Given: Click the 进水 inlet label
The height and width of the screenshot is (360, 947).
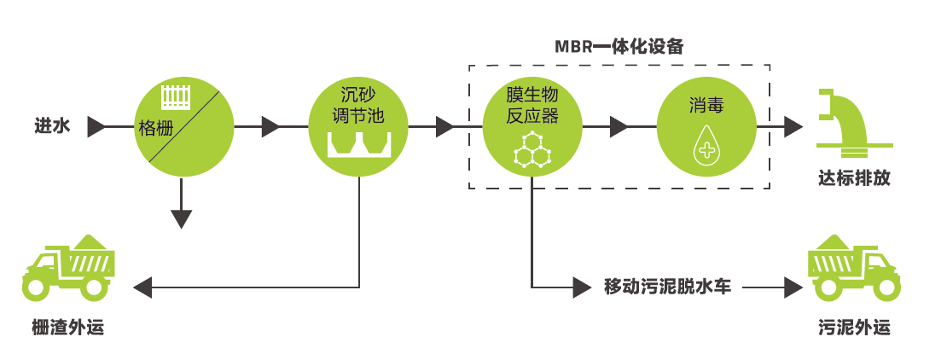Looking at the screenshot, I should (51, 127).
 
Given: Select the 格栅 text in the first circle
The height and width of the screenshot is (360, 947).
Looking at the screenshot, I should (156, 131).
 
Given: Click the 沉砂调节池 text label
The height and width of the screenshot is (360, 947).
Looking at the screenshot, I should (359, 105).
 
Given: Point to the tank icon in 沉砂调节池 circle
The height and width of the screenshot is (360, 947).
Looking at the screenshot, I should (359, 145).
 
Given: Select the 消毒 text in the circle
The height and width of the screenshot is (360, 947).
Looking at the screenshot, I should (707, 106).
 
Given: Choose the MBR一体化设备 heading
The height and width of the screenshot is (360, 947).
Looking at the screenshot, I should (619, 45).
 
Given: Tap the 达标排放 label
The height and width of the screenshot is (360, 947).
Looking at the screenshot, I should (853, 179).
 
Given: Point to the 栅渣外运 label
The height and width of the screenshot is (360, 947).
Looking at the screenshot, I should (67, 328).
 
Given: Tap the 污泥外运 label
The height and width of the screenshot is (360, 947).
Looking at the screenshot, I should (853, 328).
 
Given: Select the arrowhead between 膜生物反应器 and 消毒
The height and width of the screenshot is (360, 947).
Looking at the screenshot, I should (619, 128).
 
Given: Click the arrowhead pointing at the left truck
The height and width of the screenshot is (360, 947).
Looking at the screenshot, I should (142, 287).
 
